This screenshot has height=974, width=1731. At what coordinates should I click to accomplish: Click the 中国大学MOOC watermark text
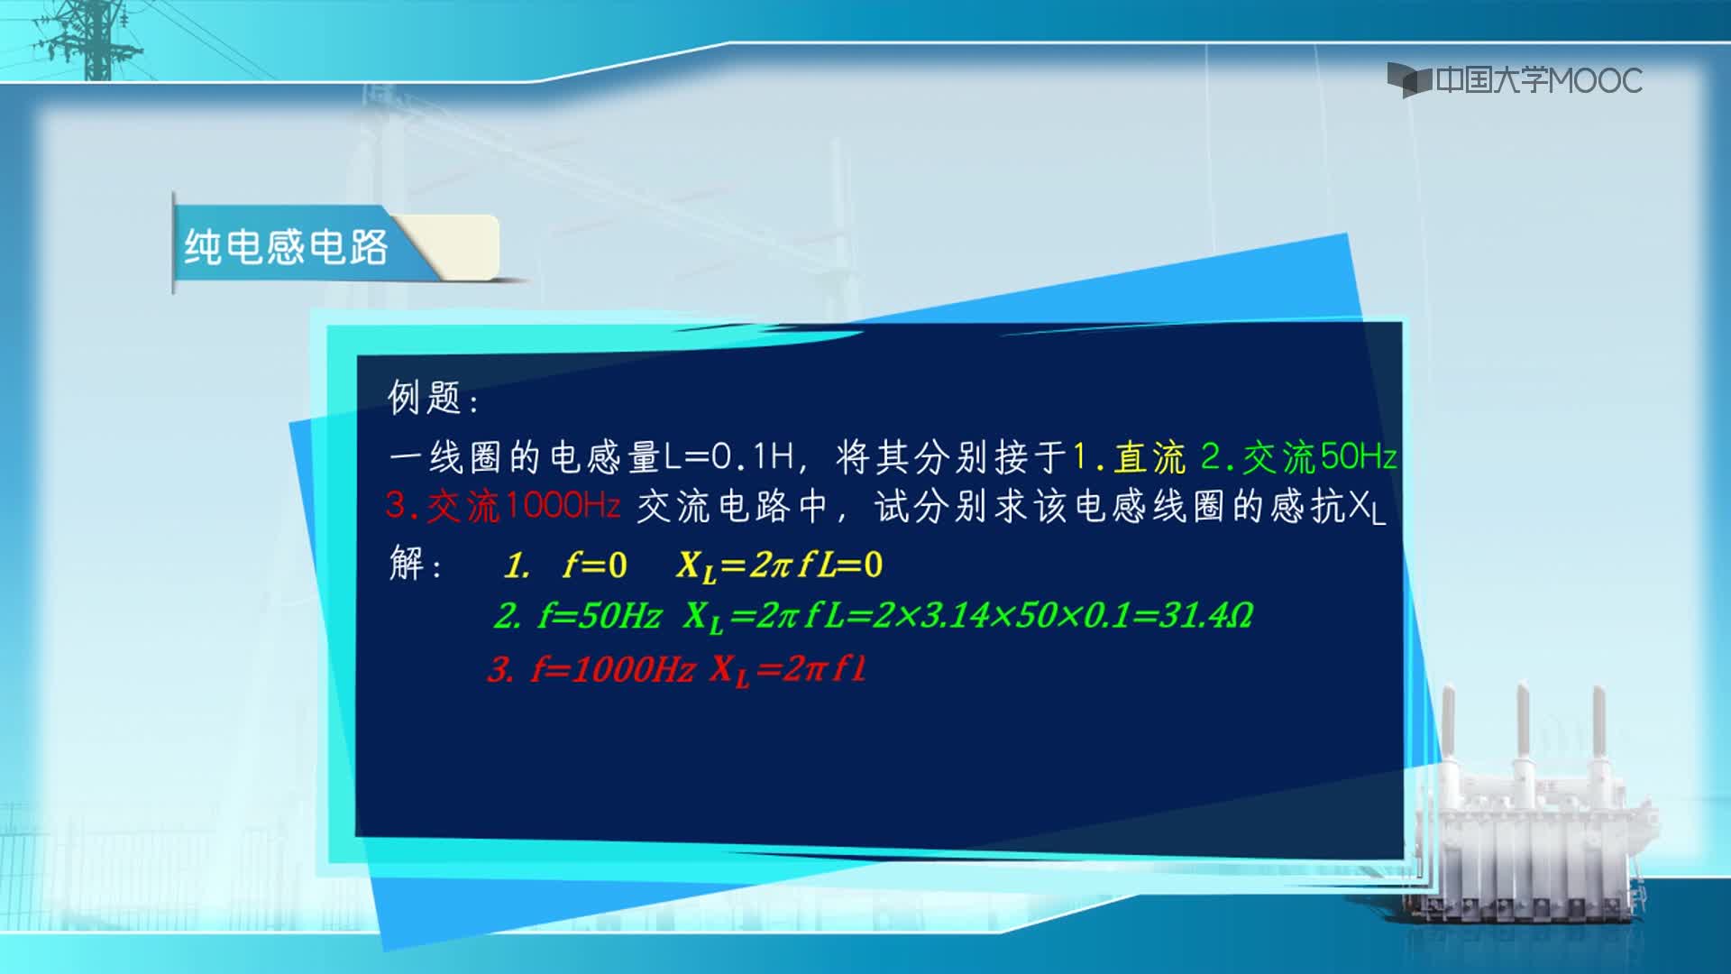point(1539,80)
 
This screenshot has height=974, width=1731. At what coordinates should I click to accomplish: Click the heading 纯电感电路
point(286,246)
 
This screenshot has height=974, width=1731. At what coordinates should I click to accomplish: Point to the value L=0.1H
point(729,457)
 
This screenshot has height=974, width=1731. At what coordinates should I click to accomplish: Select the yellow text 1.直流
point(1129,457)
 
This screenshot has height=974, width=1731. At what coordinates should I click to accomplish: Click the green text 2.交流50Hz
point(1299,457)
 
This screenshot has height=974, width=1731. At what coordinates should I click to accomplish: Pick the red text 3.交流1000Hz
point(503,505)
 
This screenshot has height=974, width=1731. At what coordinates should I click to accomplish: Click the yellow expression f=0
point(594,565)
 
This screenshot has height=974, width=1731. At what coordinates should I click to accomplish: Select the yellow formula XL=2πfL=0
point(780,566)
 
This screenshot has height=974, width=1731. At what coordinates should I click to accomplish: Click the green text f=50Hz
point(600,616)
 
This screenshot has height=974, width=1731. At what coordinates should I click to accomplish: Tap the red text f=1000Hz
point(613,669)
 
